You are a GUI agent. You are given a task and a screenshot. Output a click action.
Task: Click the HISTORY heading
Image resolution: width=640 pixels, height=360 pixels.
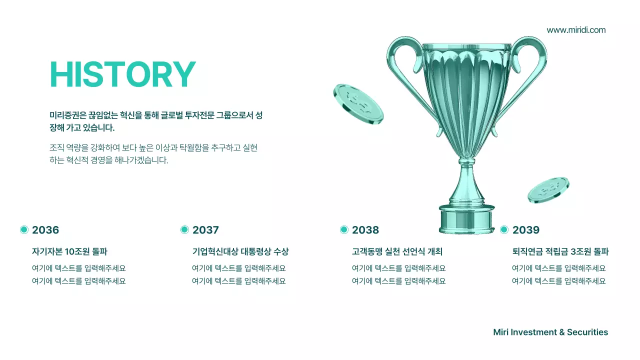122,75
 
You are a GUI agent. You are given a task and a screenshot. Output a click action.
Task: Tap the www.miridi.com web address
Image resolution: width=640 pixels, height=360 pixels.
576,30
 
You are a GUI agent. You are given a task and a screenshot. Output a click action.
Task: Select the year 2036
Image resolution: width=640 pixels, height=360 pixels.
45,230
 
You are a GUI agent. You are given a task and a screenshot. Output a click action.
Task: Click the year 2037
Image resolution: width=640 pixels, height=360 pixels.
205,230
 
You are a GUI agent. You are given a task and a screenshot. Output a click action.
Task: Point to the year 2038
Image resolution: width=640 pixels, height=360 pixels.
365,230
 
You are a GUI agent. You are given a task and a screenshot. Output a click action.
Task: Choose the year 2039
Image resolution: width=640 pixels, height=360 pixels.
526,230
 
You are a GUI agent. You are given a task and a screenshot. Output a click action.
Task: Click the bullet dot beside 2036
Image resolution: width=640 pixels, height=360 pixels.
24,229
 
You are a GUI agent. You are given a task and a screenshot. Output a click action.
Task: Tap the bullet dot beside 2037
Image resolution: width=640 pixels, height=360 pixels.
184,229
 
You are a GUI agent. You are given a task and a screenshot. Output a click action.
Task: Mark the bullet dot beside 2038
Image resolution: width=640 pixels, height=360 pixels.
344,229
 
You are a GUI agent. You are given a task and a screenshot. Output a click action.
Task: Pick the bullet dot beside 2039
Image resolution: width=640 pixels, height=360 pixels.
504,229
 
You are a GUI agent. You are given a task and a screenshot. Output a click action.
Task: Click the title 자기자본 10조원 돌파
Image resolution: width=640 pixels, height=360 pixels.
69,251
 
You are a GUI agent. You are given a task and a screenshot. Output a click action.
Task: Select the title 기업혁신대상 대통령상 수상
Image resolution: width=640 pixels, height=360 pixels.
240,251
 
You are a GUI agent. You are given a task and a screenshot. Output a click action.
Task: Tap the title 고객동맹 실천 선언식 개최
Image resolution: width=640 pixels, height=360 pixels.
397,251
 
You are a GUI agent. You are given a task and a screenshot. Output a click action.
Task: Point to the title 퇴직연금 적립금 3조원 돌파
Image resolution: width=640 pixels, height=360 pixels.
560,251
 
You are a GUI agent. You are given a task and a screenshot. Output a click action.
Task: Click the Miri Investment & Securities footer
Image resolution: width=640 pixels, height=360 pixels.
550,332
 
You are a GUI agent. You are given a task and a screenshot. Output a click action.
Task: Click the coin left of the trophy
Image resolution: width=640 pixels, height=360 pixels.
358,103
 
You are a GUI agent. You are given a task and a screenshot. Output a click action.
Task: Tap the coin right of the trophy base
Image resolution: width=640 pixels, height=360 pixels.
548,190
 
